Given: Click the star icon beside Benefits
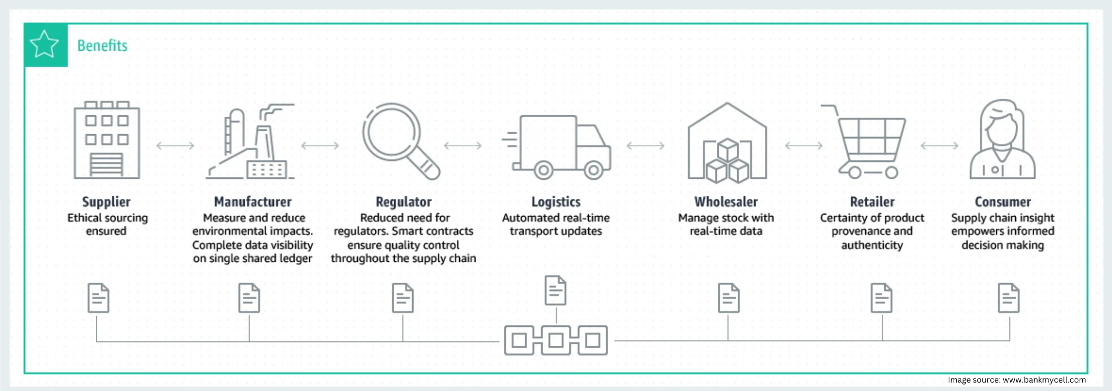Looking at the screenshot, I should (45, 45).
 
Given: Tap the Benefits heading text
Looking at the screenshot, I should (102, 46).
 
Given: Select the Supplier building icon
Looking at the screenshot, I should (107, 140).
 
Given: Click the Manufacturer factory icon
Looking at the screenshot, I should (251, 142).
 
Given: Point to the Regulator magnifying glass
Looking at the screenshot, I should (400, 141).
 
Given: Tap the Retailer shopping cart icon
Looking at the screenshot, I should (866, 142).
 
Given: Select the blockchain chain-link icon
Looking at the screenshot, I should (556, 340).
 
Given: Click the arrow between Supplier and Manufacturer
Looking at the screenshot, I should (175, 146).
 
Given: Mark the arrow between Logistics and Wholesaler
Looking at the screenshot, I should (645, 146).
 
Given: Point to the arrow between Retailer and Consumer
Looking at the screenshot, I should (939, 146).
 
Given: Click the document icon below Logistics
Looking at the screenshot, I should (556, 290).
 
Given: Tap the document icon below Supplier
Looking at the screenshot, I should (98, 298).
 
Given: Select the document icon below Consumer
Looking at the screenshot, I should (1009, 298).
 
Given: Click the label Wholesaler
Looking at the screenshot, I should (726, 202).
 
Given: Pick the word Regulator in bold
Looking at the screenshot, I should (404, 202).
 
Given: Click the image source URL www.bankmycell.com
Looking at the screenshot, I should (1044, 380).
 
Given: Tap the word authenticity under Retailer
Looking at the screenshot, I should (872, 245).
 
